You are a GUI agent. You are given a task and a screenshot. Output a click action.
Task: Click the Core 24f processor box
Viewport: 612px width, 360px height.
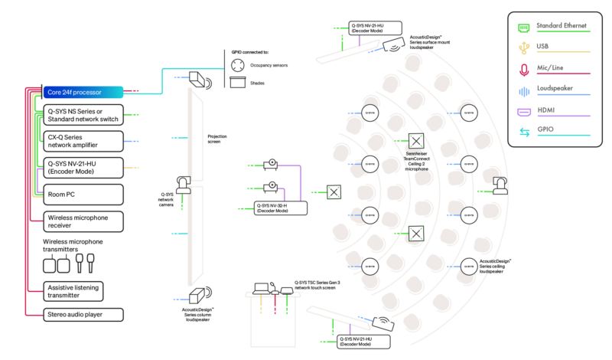[x=83, y=92]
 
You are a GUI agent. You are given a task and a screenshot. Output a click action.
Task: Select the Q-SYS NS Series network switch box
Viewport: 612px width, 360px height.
[x=83, y=115]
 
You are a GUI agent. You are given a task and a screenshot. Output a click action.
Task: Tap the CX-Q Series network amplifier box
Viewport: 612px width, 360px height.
[x=83, y=141]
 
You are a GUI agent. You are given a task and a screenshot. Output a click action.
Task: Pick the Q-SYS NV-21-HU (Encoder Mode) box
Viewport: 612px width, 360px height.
[x=83, y=168]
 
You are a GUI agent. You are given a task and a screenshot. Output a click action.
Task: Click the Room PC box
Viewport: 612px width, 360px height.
[x=83, y=195]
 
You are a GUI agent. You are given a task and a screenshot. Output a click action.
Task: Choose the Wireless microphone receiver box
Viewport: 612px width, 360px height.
[x=83, y=221]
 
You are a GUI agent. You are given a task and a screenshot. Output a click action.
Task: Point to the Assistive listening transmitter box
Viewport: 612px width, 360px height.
[x=83, y=291]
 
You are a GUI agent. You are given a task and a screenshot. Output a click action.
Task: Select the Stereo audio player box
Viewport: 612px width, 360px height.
[x=83, y=314]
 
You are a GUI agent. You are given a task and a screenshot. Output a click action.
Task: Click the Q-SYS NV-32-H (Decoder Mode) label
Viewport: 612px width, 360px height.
[x=282, y=208]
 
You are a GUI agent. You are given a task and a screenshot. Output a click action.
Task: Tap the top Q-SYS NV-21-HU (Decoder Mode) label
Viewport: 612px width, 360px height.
[x=375, y=28]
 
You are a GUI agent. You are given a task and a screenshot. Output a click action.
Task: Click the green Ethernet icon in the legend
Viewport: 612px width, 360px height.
[x=524, y=27]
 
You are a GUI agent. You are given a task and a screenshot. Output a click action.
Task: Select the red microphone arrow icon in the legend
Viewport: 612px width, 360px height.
[x=524, y=70]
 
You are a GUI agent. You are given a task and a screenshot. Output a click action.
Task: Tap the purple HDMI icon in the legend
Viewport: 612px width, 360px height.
[x=524, y=112]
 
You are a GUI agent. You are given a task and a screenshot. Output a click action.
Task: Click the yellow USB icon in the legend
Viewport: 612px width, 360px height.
[x=524, y=47]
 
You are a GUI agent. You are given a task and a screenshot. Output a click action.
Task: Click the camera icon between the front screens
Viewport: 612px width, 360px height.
[x=184, y=185]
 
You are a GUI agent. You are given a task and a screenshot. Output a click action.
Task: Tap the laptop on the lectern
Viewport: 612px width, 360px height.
[x=262, y=289]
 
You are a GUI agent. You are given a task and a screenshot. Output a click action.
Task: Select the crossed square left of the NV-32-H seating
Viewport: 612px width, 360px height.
[x=334, y=191]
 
